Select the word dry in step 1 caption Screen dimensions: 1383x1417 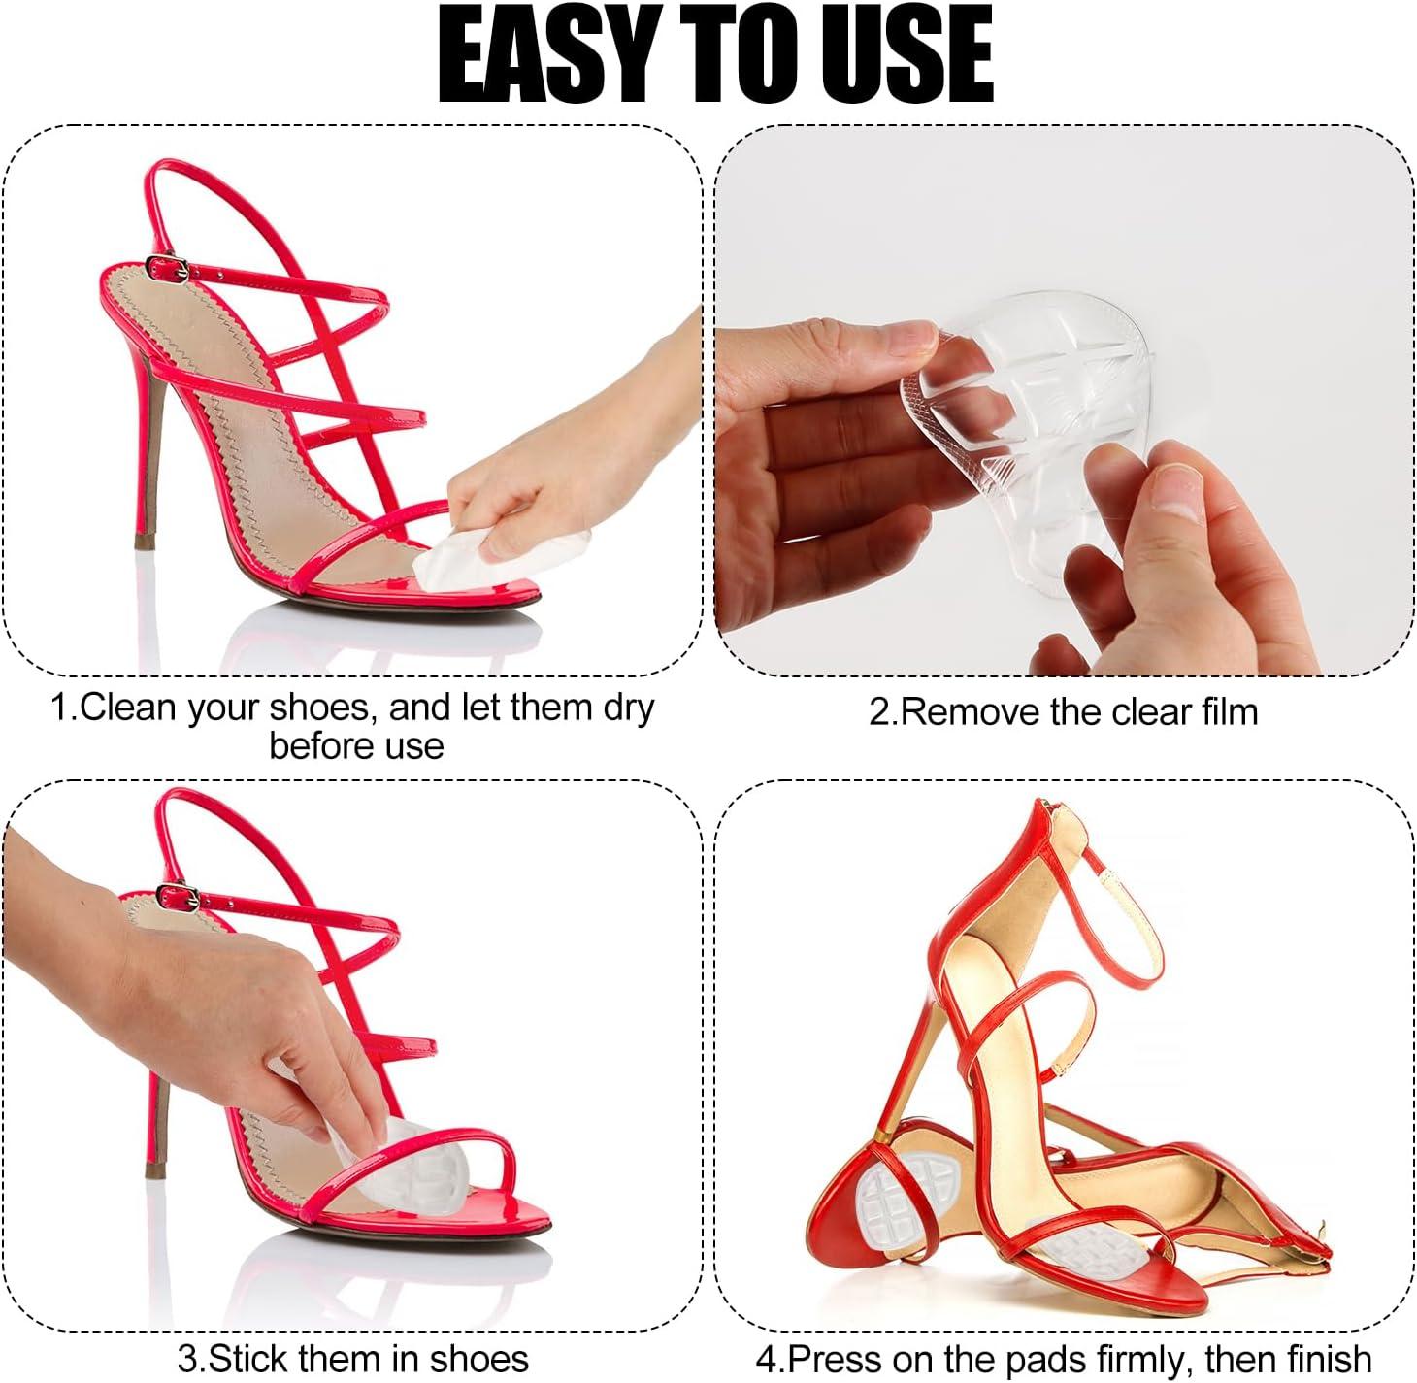tap(629, 708)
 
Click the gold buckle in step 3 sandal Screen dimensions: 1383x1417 tap(180, 893)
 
